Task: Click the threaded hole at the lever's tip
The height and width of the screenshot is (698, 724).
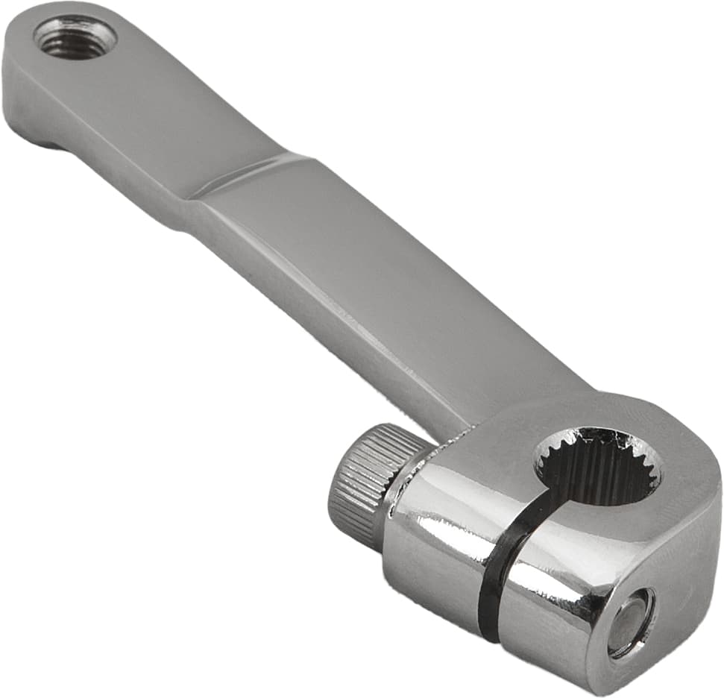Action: pyautogui.click(x=75, y=37)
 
